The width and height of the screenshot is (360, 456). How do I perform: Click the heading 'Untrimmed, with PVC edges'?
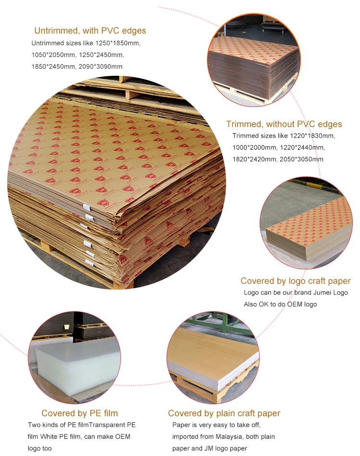[90, 31]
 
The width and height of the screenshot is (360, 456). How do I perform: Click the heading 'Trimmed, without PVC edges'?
[284, 124]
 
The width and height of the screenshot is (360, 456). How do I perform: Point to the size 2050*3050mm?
[301, 159]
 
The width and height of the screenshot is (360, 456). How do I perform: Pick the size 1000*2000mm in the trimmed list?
[254, 147]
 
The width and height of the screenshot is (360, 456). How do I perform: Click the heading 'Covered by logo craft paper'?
[296, 281]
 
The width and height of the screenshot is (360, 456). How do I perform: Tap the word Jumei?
[322, 292]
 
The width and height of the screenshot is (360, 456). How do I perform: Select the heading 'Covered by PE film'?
[80, 413]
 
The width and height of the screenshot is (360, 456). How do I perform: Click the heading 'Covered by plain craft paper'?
[224, 413]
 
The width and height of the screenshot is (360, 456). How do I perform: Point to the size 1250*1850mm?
[118, 43]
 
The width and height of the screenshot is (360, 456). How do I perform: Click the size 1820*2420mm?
[254, 159]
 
